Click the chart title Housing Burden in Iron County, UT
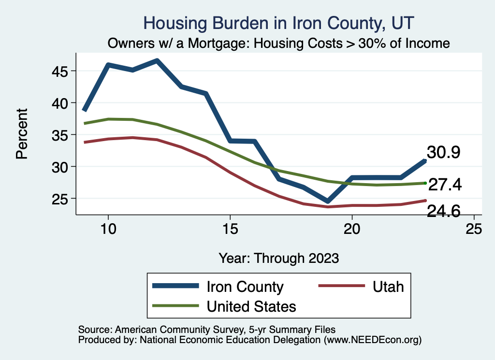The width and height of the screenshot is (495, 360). pos(279,23)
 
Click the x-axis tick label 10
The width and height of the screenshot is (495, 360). pos(108,230)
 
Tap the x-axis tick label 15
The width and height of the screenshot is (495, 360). pos(230,230)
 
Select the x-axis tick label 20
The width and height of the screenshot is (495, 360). pos(352,230)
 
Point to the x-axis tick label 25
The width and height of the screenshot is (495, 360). pos(474,230)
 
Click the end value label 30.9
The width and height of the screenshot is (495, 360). pos(443,153)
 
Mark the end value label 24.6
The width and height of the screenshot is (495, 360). pos(443,211)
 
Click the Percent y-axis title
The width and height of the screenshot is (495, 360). pos(21,134)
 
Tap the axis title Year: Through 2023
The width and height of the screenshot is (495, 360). pos(278,258)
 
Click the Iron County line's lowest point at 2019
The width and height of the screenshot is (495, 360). pos(327,201)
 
